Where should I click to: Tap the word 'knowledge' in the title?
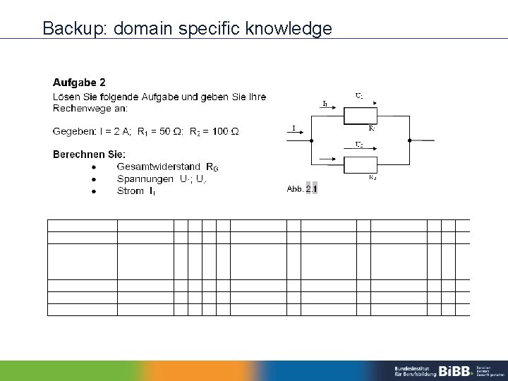point(291,29)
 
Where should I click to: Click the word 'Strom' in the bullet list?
point(131,190)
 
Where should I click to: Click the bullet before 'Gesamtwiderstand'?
point(94,167)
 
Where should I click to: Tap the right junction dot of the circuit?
point(410,141)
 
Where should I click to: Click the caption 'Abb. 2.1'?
point(302,189)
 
